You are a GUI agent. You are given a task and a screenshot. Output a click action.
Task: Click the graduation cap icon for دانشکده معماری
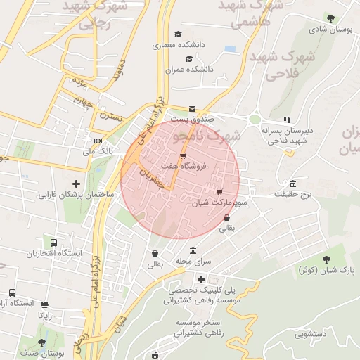pyautogui.click(x=179, y=34)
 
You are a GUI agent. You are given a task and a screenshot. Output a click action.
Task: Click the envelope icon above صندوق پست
pyautogui.click(x=192, y=108)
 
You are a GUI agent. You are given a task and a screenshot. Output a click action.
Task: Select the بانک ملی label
pyautogui.click(x=97, y=151)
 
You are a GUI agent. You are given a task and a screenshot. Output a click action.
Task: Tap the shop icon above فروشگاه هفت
pyautogui.click(x=184, y=155)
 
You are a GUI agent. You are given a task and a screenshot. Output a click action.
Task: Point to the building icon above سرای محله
pyautogui.click(x=193, y=251)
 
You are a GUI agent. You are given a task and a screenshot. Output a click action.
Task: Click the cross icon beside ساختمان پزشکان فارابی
pyautogui.click(x=86, y=183)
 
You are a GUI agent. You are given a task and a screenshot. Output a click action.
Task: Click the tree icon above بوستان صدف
pyautogui.click(x=42, y=342)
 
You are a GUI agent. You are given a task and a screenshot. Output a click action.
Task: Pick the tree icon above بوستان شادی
pyautogui.click(x=330, y=18)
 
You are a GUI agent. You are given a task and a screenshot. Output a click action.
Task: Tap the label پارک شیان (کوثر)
pyautogui.click(x=327, y=270)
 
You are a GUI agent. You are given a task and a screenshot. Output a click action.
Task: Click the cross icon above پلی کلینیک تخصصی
pyautogui.click(x=201, y=279)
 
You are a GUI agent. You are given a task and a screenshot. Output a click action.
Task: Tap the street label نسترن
pyautogui.click(x=111, y=113)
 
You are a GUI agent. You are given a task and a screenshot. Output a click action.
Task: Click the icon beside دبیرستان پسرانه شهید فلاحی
pyautogui.click(x=286, y=120)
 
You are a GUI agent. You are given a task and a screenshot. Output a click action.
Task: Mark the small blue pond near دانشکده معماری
pyautogui.click(x=230, y=49)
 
